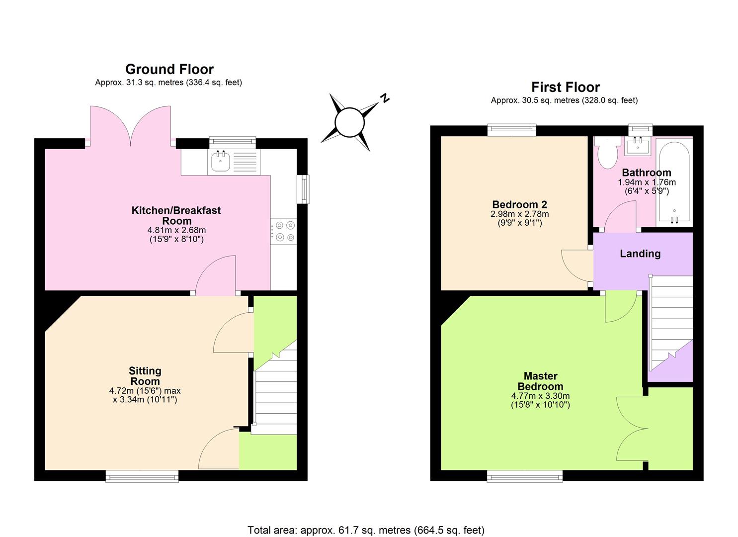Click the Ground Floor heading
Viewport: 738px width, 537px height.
pos(169,69)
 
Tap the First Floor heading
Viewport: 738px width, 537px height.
pos(566,87)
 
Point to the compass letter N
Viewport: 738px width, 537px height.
pos(384,98)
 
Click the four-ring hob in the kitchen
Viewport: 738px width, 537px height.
pos(283,232)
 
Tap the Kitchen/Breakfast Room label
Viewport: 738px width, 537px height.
pos(176,215)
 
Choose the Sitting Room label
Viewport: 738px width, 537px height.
pos(145,376)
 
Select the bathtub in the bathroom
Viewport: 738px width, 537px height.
pos(674,182)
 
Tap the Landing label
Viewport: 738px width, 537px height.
pos(640,254)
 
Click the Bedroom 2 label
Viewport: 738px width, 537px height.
pos(519,204)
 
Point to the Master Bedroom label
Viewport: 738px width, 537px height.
pos(540,381)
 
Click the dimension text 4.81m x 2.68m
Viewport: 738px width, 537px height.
pos(176,230)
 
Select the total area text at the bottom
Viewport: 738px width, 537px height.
pos(366,530)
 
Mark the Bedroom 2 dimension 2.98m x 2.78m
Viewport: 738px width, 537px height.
pos(519,214)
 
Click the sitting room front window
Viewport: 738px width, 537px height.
pos(142,476)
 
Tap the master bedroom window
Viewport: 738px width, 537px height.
pos(524,476)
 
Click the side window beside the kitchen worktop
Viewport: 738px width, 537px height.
pos(303,189)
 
